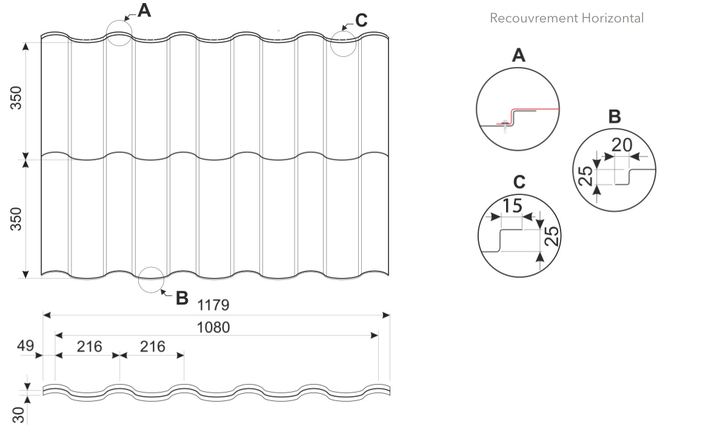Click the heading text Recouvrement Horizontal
[566, 18]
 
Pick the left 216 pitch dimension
[89, 346]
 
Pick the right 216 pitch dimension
[153, 346]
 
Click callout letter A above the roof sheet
[144, 10]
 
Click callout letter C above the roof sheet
[361, 21]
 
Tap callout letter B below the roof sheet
[182, 298]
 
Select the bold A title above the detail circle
[518, 56]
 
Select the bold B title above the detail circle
[615, 117]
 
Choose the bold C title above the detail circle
[519, 182]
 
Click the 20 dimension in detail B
[622, 146]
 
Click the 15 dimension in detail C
[512, 206]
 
